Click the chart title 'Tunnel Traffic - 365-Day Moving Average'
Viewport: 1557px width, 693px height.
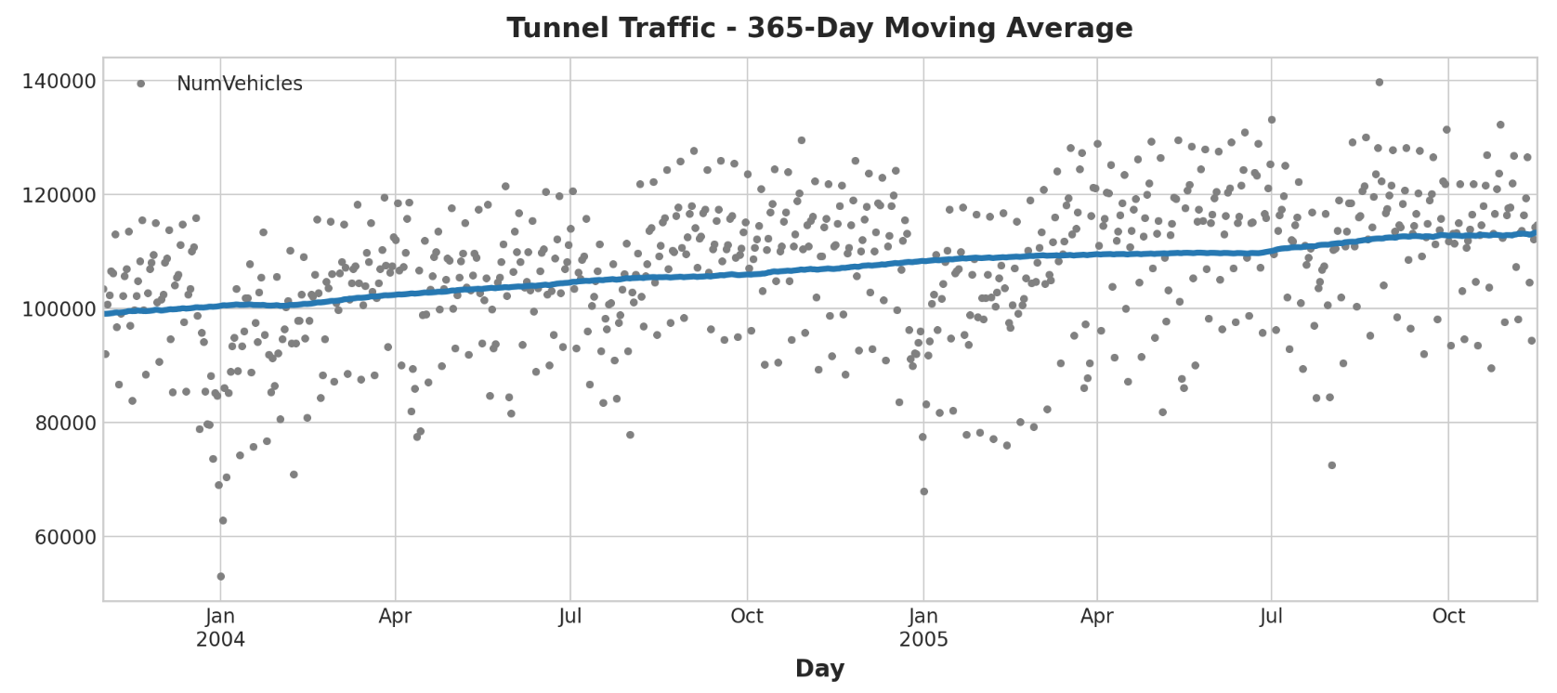(819, 28)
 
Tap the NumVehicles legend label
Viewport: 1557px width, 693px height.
(239, 84)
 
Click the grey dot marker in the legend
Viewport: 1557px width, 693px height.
(141, 84)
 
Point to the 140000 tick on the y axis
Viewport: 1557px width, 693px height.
(58, 82)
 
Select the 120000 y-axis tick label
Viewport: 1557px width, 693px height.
(58, 195)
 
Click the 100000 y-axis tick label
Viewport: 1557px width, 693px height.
(58, 309)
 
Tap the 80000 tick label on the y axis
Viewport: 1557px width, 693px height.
(63, 424)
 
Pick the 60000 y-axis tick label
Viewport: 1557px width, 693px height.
(63, 537)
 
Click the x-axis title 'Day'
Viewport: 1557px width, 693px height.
(819, 668)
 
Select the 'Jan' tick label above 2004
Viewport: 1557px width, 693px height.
(220, 616)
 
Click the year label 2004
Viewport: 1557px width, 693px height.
(220, 640)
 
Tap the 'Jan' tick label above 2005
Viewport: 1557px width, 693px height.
(923, 616)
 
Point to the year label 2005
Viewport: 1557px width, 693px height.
(923, 640)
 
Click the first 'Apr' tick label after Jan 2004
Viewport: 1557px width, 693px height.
(395, 616)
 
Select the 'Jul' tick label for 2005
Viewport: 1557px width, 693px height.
(1271, 616)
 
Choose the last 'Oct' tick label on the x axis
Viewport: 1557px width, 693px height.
(1448, 616)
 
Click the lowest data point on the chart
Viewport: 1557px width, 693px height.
(220, 576)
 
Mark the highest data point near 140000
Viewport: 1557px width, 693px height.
(1379, 82)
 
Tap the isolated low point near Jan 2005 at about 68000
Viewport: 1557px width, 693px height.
(923, 491)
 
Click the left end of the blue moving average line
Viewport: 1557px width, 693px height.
(106, 314)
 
